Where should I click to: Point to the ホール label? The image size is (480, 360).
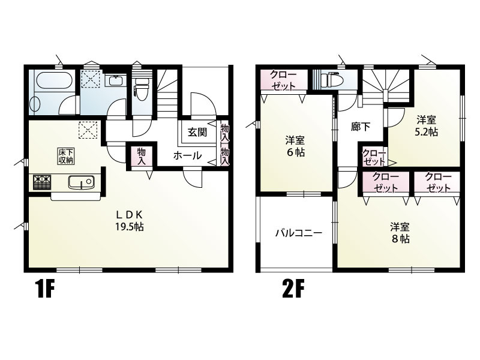(187, 156)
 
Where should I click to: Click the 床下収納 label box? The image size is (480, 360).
(66, 156)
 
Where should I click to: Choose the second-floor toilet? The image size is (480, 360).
(331, 80)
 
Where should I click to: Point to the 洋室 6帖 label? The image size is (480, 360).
(295, 146)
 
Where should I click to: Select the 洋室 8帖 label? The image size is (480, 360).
(400, 232)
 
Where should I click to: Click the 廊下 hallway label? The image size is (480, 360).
(361, 127)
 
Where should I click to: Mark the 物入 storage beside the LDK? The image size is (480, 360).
(142, 157)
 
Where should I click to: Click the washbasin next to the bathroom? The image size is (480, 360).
(114, 82)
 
